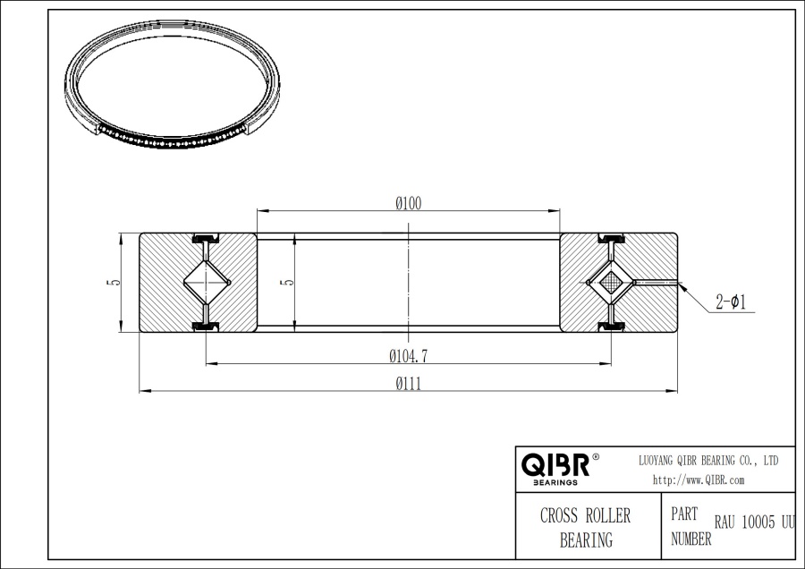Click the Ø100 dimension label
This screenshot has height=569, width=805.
pos(409,204)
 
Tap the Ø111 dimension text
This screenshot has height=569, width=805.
pos(409,384)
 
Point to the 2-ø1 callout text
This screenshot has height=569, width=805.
pos(731,302)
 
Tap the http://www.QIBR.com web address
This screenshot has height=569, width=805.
pos(699,480)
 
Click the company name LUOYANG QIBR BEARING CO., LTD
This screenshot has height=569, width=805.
pos(708,460)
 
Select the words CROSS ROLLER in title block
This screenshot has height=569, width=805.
pos(586,516)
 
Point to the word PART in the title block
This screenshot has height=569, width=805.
pos(684,516)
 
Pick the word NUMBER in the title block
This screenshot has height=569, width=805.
pos(691,539)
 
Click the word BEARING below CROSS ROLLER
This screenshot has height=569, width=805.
pos(586,539)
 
